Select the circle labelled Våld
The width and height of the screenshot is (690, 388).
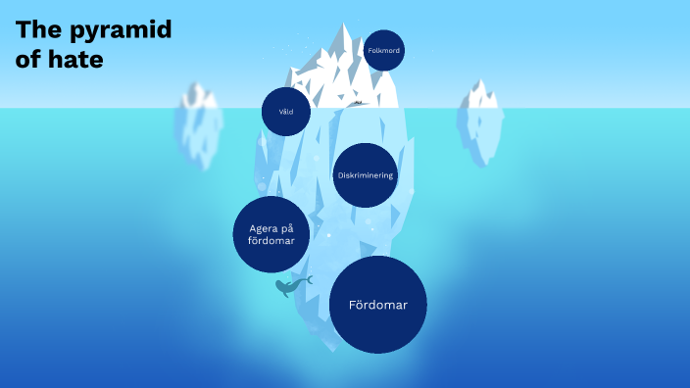coord(286,112)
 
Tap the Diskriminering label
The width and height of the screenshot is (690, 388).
coord(366,175)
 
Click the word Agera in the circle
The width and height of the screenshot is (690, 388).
coord(258,228)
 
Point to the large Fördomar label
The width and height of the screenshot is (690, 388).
coord(377,305)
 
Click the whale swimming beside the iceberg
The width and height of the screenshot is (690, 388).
coord(290,286)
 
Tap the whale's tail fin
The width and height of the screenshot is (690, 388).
coord(308,280)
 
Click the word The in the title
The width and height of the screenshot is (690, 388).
coord(35,29)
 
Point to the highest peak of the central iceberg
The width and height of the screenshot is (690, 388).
coord(344,26)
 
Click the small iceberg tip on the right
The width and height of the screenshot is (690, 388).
coord(480,94)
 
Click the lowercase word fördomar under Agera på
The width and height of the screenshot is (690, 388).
coord(271,241)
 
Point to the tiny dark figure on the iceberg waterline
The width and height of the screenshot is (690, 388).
coord(359,103)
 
